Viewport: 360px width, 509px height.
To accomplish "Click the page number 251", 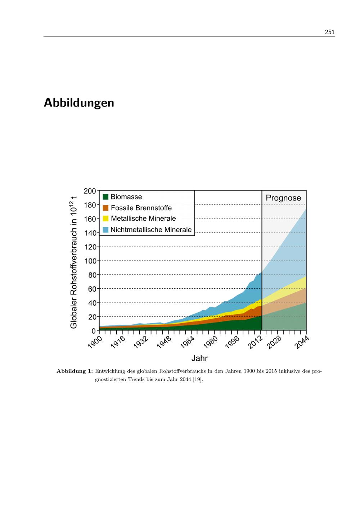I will [x=329, y=32].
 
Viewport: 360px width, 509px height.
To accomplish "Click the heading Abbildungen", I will [x=79, y=103].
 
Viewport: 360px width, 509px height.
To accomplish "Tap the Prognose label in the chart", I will [x=283, y=198].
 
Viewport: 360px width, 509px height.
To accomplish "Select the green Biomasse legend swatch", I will [x=105, y=197].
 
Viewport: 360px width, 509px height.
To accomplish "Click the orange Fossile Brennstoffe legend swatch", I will [x=105, y=208].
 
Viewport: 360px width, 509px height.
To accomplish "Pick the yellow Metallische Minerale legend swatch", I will [x=105, y=219].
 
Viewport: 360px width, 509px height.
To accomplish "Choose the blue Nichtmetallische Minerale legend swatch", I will [x=105, y=230].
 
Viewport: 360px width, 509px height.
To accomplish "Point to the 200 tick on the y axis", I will [x=90, y=191].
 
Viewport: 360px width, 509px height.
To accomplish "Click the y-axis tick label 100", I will [x=90, y=261].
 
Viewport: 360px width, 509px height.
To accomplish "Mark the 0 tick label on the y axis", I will [x=94, y=331].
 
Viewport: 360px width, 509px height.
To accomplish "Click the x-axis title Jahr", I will [x=199, y=358].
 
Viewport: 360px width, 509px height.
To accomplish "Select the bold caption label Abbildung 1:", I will [x=75, y=371].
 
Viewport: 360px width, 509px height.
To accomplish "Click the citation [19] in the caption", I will [x=197, y=379].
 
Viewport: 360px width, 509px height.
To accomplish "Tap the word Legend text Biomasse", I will [x=126, y=197].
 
